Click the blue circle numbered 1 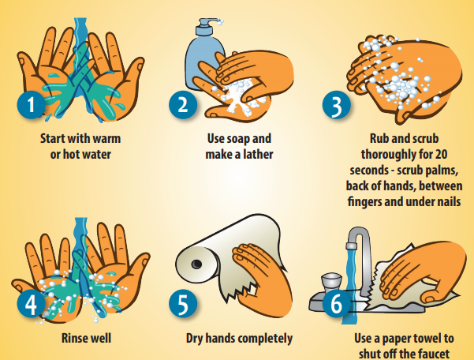click(x=31, y=104)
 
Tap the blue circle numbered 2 click(x=183, y=104)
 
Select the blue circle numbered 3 click(x=337, y=105)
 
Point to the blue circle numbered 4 click(x=31, y=303)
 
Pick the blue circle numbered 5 click(x=183, y=303)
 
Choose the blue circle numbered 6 click(x=337, y=303)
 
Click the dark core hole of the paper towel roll click(x=197, y=264)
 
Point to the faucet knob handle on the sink click(x=331, y=281)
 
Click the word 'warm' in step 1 click(x=106, y=139)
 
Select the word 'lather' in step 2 click(x=258, y=154)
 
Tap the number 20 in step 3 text click(x=441, y=154)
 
